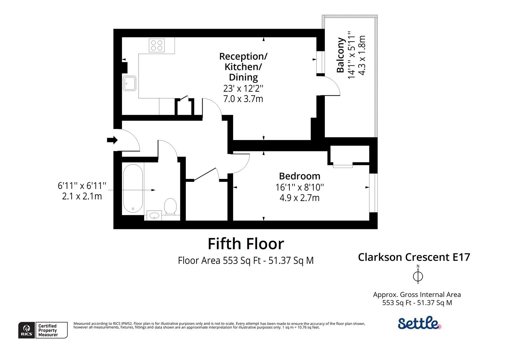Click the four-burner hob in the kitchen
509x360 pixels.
(x=157, y=45)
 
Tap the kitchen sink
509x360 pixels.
(x=130, y=83)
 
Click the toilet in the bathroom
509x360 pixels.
(x=170, y=207)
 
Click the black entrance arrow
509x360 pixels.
(x=112, y=140)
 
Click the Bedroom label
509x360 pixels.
(x=299, y=176)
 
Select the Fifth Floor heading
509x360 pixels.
(x=246, y=244)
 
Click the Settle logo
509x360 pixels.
(x=419, y=323)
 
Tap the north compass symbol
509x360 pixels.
(x=418, y=276)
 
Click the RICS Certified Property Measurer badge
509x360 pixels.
(x=43, y=330)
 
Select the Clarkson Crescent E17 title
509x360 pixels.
(x=414, y=257)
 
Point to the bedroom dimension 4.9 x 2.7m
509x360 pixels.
(x=299, y=198)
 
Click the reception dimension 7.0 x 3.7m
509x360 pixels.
(x=243, y=99)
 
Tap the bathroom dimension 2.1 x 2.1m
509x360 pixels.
(x=82, y=196)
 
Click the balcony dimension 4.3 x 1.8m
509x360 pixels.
(x=362, y=55)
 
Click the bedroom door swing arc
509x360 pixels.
(x=242, y=164)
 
